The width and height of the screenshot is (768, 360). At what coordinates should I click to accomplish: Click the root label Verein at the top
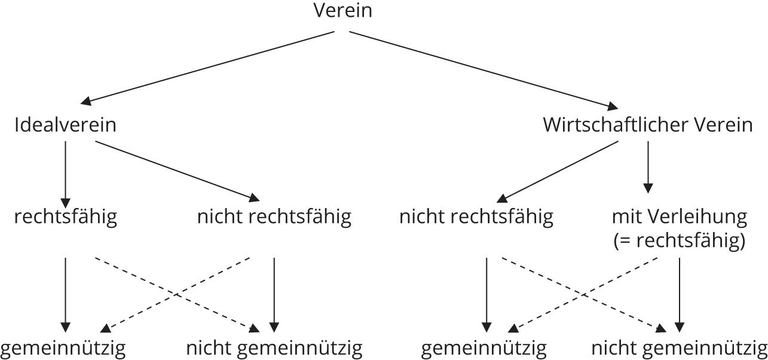click(342, 11)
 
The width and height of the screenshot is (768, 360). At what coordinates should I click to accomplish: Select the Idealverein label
click(66, 124)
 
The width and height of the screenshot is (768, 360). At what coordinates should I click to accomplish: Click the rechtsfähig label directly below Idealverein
click(66, 217)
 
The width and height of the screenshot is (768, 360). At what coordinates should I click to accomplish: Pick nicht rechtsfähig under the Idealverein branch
click(274, 217)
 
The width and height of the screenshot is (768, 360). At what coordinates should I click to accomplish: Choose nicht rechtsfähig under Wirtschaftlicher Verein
click(476, 217)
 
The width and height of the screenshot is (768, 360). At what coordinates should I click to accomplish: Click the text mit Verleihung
click(680, 217)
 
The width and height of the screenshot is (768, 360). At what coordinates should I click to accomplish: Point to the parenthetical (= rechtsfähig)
click(680, 241)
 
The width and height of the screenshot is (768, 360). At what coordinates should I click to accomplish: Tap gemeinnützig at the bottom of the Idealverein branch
click(63, 349)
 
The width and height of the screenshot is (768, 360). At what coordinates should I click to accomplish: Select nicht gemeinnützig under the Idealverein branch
click(274, 349)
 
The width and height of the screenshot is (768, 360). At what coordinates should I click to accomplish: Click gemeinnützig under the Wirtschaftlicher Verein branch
click(484, 349)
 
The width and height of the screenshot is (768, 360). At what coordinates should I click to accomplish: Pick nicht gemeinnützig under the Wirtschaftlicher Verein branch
click(680, 349)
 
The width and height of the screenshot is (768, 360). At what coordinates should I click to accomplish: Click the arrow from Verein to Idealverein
click(207, 68)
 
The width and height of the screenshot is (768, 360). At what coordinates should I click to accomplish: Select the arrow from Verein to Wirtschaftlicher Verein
click(484, 71)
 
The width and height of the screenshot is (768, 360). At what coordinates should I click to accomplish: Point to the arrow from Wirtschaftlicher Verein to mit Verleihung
click(648, 167)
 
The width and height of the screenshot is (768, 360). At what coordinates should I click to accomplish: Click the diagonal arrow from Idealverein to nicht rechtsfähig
click(178, 171)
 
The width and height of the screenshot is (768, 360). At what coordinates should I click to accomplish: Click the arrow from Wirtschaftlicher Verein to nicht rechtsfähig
click(558, 172)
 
